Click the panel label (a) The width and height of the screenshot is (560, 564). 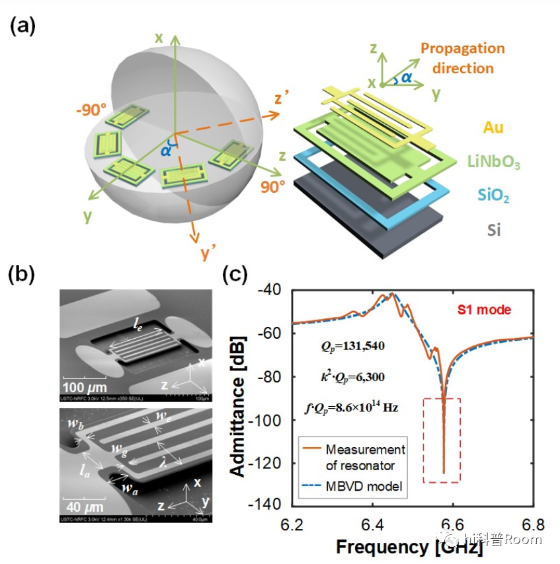tap(23, 27)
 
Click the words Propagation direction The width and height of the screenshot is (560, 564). tap(462, 58)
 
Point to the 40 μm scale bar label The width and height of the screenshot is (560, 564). tap(83, 507)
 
